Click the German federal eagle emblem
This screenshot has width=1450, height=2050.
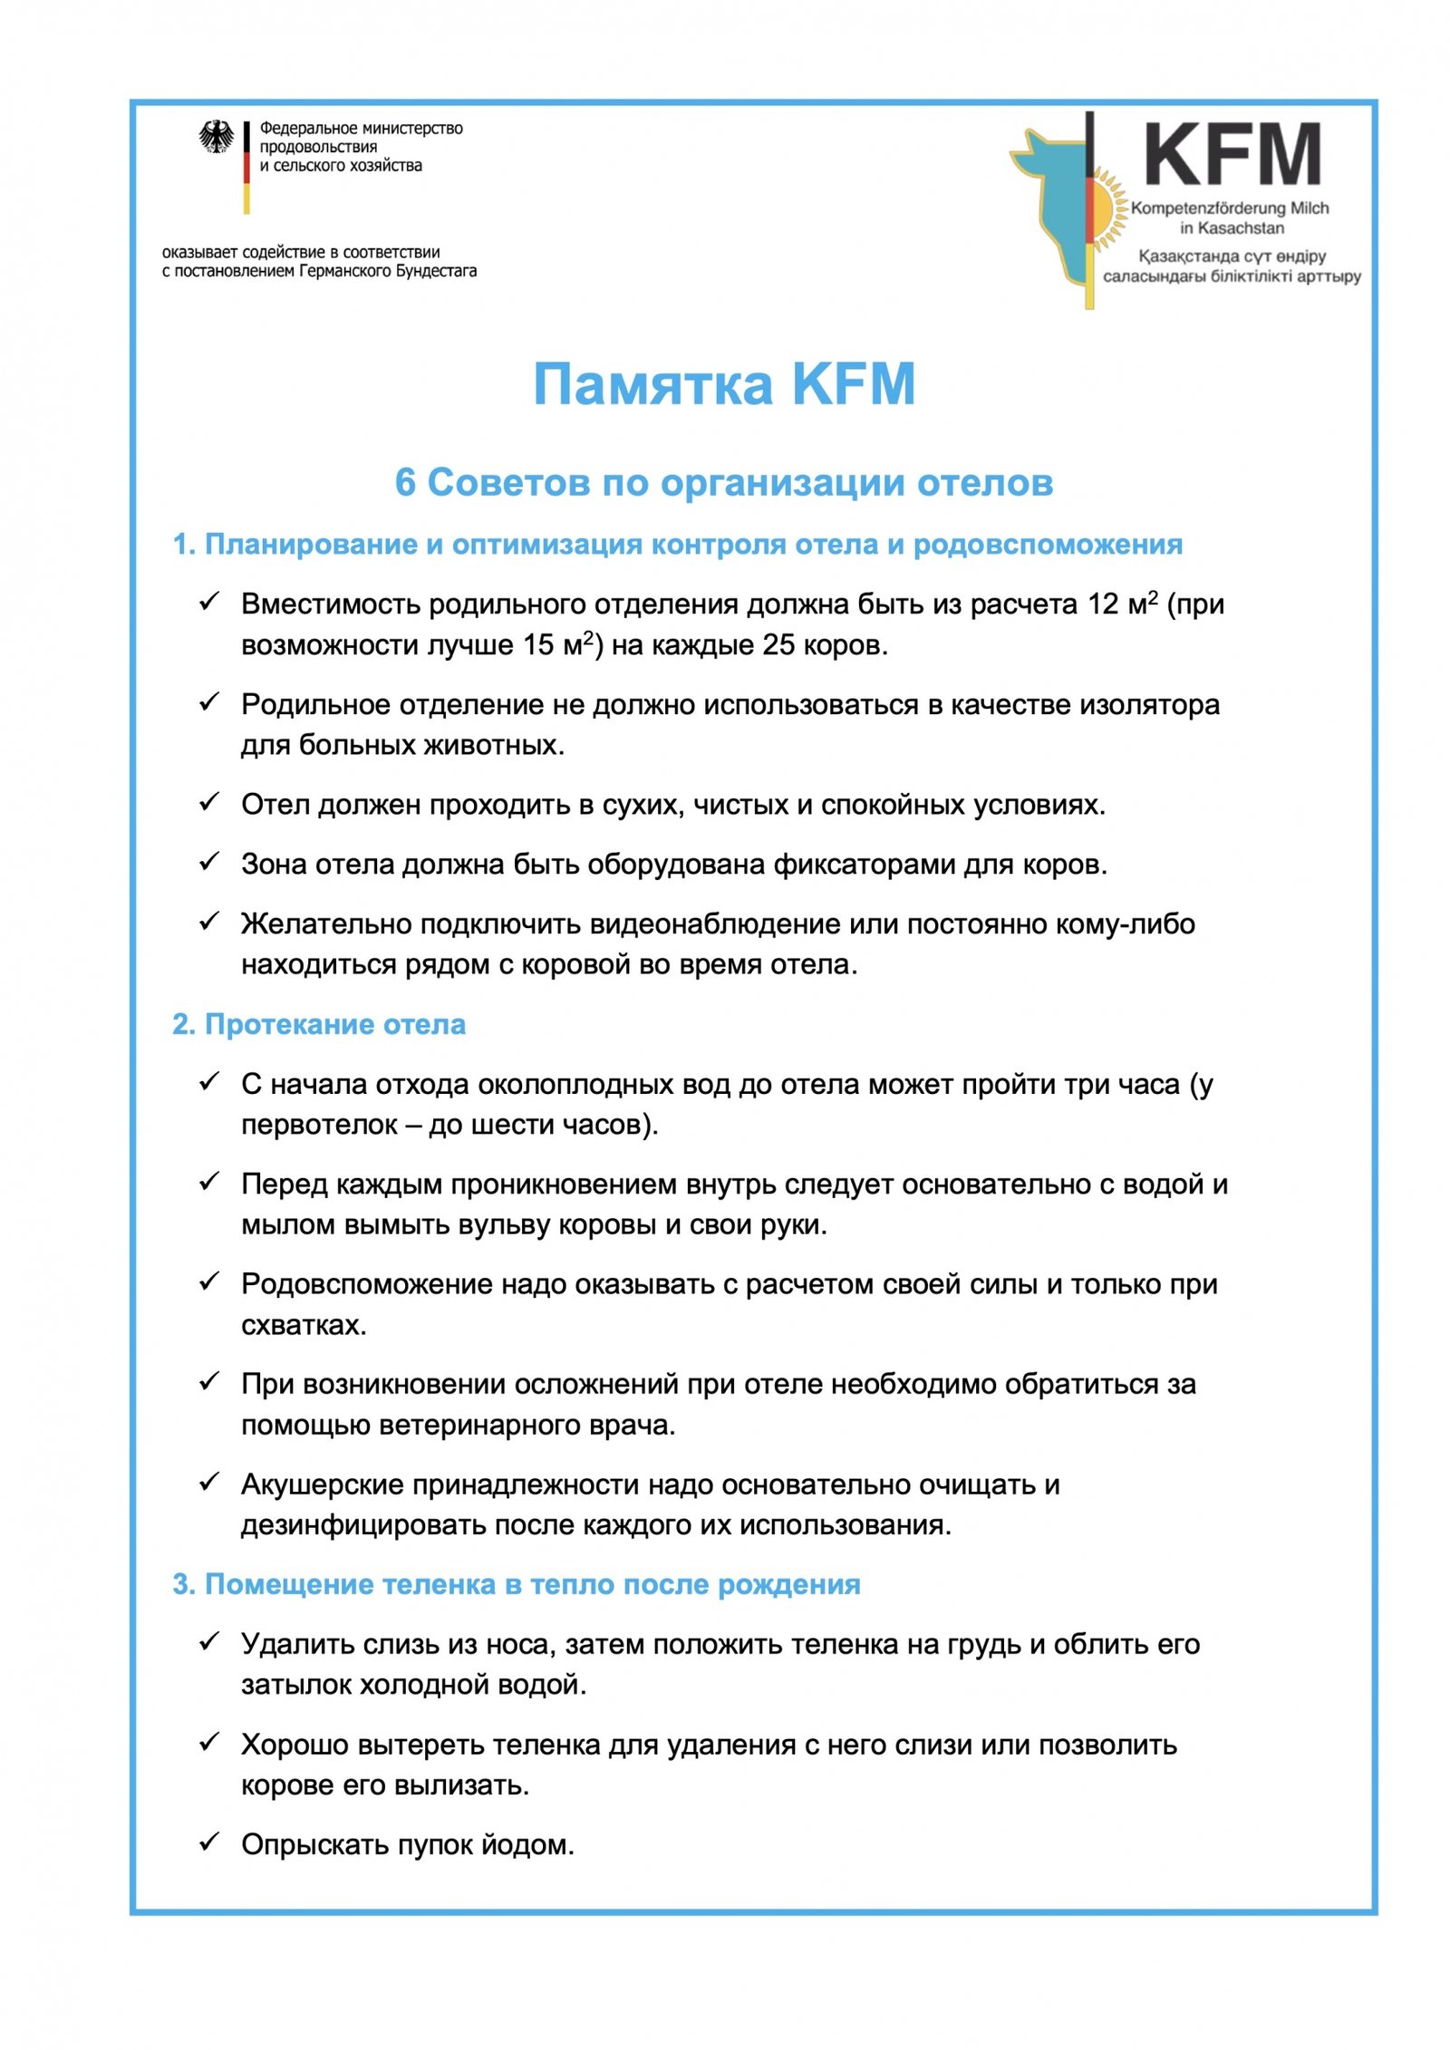(216, 138)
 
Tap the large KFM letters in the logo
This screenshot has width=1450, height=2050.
(1232, 156)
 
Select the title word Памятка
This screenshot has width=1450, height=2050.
(652, 384)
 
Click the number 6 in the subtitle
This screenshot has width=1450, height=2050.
(405, 483)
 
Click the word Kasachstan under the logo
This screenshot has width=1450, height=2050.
(1242, 228)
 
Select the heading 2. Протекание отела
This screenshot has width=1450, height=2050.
(319, 1025)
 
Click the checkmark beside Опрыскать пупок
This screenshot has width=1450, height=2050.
(209, 1842)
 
